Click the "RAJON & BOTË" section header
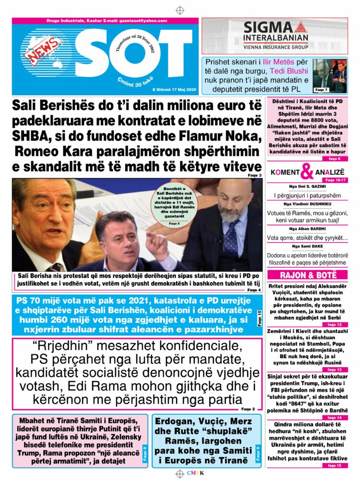point(307,275)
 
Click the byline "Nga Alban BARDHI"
point(307,228)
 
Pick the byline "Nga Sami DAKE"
point(307,246)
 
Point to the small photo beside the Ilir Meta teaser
point(330,76)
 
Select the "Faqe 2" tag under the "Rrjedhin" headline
point(248,409)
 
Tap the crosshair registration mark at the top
point(180,10)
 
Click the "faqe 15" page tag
point(335,466)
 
